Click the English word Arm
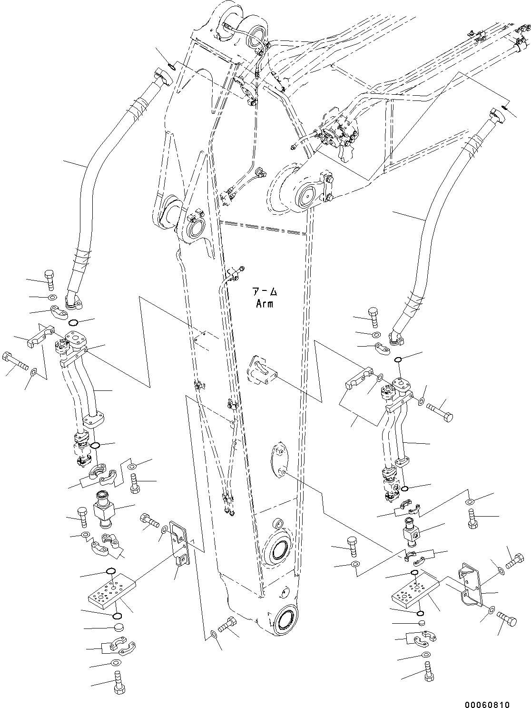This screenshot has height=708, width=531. pyautogui.click(x=264, y=303)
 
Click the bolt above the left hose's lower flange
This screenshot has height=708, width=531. pyautogui.click(x=50, y=279)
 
